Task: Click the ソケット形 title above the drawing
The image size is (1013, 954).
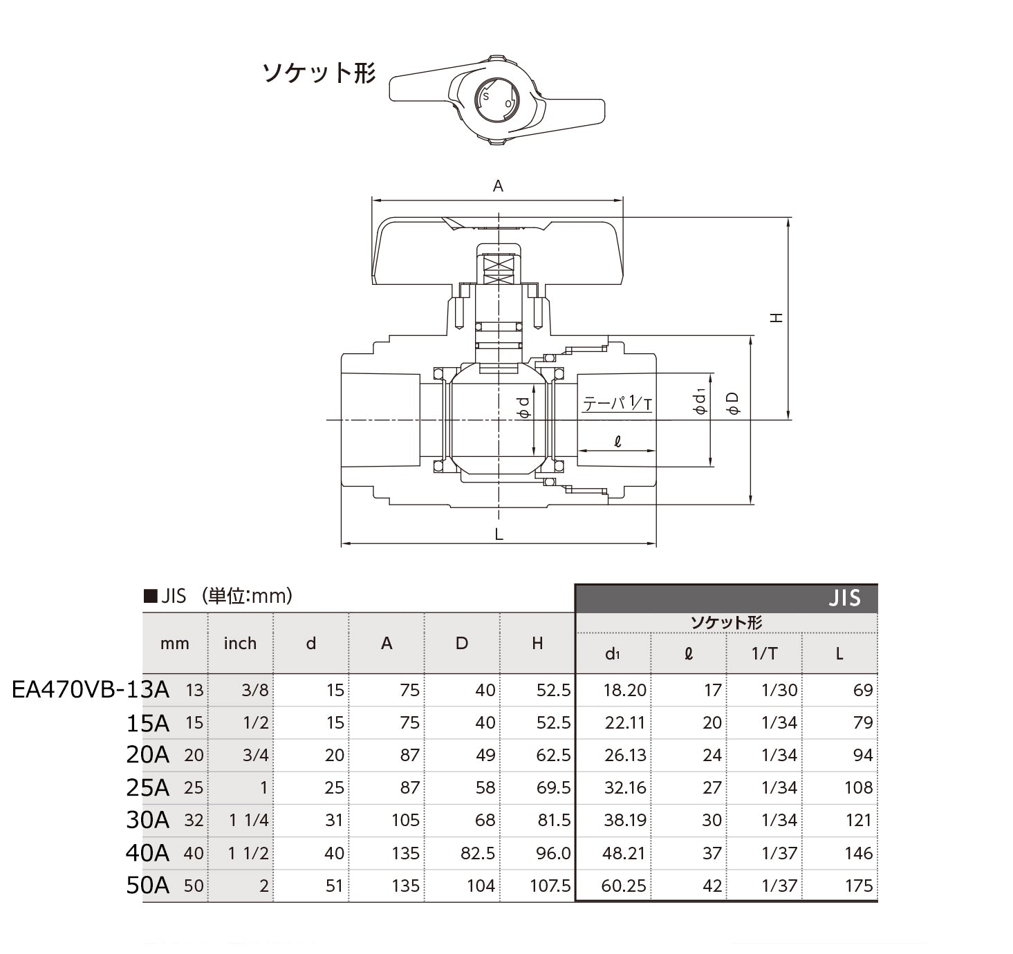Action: click(318, 73)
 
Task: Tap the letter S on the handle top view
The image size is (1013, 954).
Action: click(485, 97)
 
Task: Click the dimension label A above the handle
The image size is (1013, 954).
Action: click(498, 186)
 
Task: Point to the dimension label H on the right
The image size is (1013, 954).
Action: click(777, 318)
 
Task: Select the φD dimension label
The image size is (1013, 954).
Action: click(734, 404)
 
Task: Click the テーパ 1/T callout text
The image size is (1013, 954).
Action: click(617, 403)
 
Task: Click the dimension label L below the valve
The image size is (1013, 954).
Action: click(499, 534)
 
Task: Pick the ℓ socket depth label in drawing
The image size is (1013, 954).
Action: click(617, 441)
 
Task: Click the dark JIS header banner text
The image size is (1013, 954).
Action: click(844, 599)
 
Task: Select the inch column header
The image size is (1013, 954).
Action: click(240, 644)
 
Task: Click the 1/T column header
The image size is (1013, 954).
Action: click(764, 654)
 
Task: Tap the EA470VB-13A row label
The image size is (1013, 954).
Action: click(91, 690)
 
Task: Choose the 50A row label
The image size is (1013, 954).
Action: click(147, 886)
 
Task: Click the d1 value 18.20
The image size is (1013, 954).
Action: click(624, 691)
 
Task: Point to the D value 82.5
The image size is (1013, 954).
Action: click(478, 853)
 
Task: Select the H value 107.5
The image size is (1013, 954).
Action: click(550, 886)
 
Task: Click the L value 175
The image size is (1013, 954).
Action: click(858, 886)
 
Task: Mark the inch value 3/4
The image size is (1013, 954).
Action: click(255, 755)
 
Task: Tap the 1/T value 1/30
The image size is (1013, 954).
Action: click(779, 691)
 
